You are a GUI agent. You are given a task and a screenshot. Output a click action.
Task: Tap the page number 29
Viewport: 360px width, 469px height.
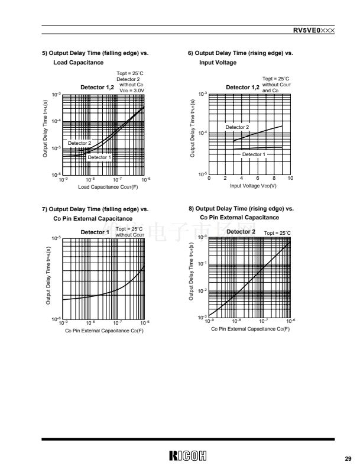tap(348, 458)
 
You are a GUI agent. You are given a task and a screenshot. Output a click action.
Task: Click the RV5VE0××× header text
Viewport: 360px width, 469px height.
tap(314, 30)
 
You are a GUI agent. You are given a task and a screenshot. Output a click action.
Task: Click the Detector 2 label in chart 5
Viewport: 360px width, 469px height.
tap(79, 143)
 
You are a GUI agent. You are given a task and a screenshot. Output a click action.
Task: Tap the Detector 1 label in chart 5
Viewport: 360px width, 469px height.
tap(99, 157)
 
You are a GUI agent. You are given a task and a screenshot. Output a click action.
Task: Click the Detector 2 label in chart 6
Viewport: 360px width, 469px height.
tap(237, 127)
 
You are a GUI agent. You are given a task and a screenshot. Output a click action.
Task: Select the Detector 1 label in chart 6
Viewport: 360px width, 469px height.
tap(254, 154)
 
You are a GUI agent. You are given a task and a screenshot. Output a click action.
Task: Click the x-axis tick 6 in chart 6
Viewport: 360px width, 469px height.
tap(258, 178)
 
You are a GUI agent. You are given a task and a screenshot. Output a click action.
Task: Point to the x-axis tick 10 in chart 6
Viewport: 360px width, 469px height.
tap(290, 178)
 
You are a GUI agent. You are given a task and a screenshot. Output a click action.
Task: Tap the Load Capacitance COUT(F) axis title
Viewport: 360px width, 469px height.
tap(108, 187)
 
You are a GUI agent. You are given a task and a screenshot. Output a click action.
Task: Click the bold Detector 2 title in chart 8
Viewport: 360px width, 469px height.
tap(241, 231)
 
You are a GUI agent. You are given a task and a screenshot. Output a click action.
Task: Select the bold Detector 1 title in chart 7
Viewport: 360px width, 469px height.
tap(95, 232)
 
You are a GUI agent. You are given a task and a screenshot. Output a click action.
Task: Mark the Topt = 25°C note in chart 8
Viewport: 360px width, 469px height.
tap(277, 234)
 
